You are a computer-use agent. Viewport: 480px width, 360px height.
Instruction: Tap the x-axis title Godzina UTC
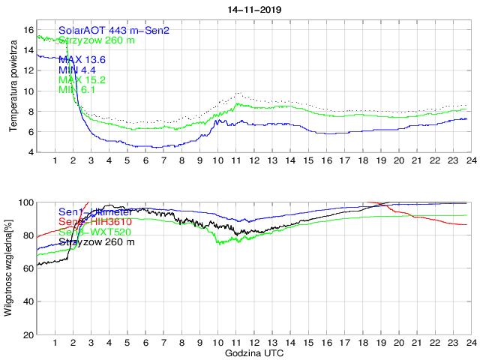click(253, 352)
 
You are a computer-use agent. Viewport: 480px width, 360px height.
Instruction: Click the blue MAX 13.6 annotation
click(82, 59)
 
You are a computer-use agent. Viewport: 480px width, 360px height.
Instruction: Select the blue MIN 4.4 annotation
click(77, 70)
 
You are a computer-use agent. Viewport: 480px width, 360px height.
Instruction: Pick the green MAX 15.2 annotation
click(82, 79)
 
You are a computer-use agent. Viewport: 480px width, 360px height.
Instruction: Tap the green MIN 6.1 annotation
click(77, 90)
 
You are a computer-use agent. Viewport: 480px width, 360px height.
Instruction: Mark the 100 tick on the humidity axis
click(26, 202)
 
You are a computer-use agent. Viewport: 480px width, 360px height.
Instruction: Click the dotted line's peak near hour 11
click(238, 93)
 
